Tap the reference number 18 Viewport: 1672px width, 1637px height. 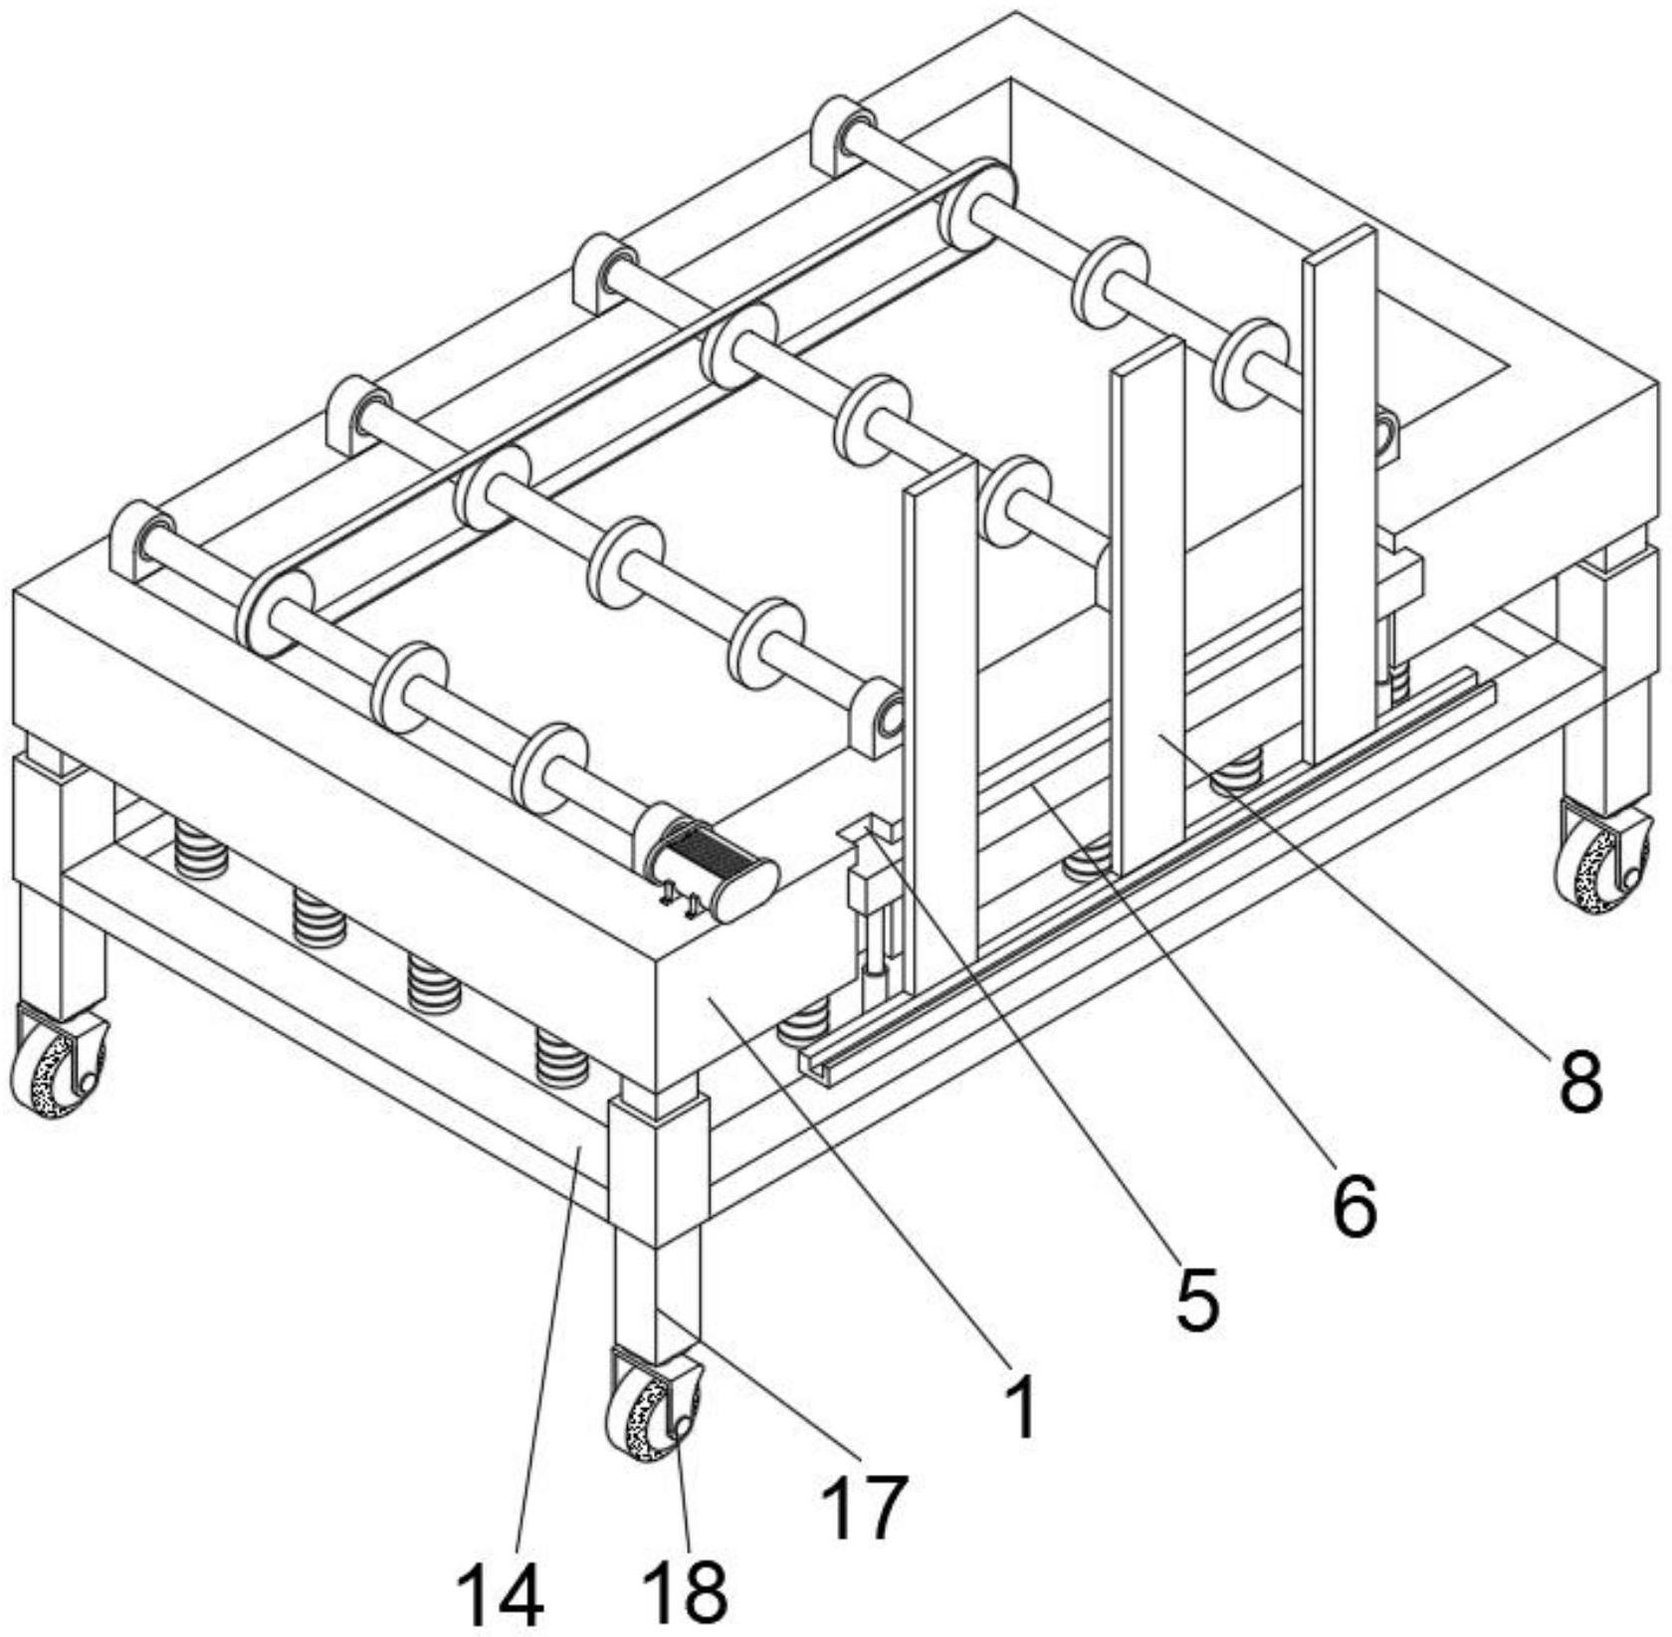685,1589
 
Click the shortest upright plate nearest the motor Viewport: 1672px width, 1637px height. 940,716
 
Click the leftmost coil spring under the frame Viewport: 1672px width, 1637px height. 200,851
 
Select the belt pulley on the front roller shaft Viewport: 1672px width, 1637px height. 275,612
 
